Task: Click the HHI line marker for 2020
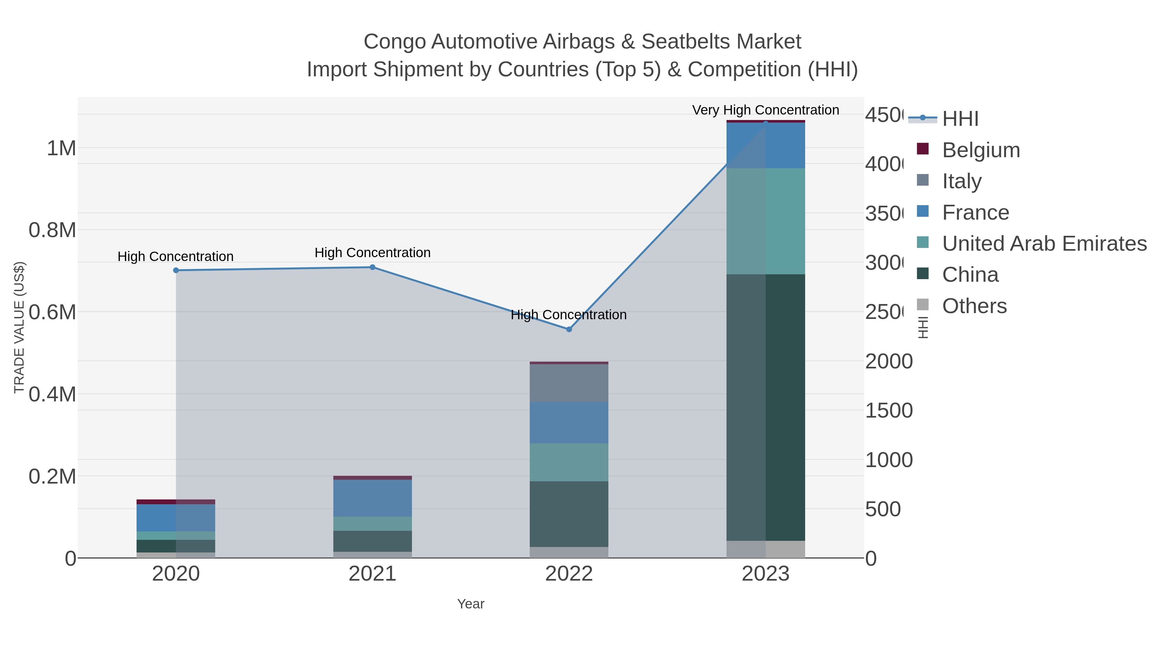[176, 270]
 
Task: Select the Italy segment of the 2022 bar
[569, 383]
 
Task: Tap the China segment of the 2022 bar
[569, 514]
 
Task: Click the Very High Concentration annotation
[765, 110]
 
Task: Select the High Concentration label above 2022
[569, 315]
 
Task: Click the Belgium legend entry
[981, 150]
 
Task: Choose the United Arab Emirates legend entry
[1044, 243]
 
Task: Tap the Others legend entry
[974, 306]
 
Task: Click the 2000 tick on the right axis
[888, 362]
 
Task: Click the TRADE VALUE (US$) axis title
[19, 327]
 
